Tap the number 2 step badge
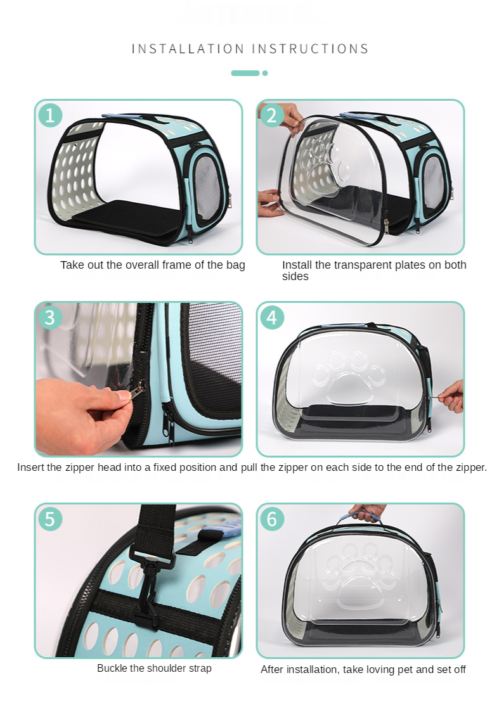272,115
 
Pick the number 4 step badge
272,317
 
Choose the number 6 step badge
272,518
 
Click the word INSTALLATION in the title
188,49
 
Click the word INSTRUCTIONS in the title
311,49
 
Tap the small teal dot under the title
265,73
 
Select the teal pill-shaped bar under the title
245,73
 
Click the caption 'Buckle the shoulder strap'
154,668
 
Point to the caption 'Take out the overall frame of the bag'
152,265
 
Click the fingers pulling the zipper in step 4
451,395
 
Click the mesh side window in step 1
206,181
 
